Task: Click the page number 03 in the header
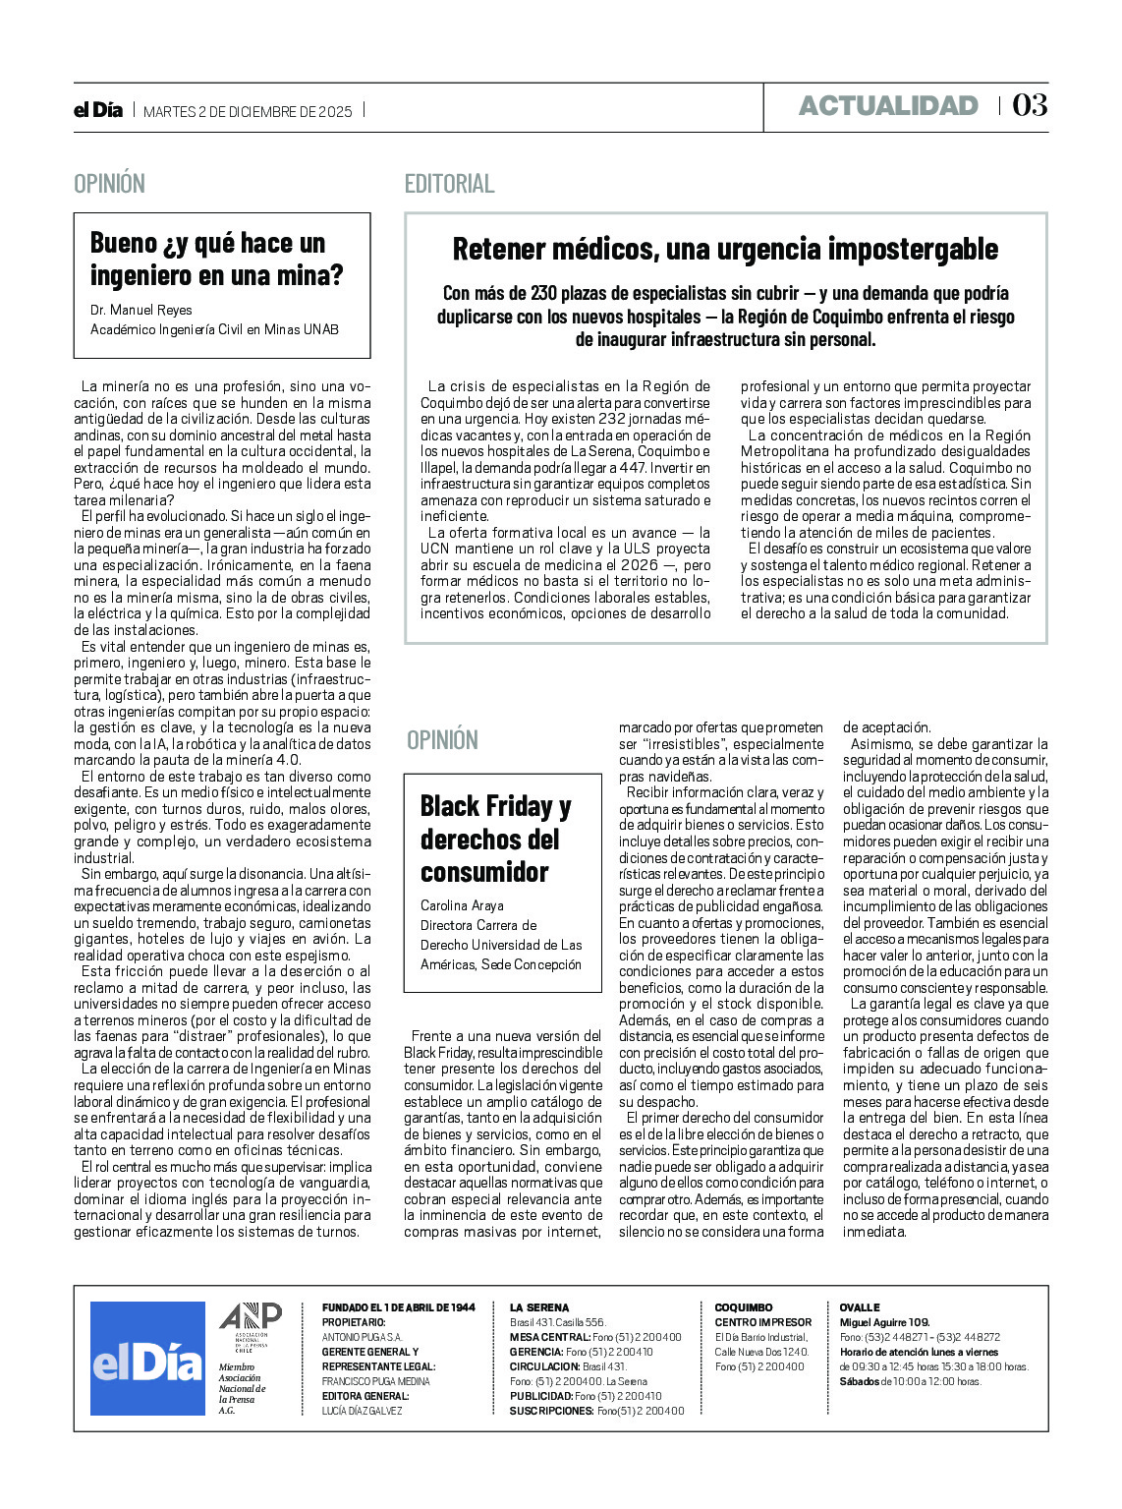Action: tap(1030, 105)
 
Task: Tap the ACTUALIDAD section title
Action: tap(888, 106)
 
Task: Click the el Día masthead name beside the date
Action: tap(98, 110)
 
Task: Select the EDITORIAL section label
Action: tap(449, 184)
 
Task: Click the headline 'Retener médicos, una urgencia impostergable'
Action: tap(725, 250)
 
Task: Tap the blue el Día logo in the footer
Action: tap(147, 1359)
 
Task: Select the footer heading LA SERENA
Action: tap(539, 1307)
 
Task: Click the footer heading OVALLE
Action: tap(860, 1307)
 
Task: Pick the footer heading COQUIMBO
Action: tap(744, 1307)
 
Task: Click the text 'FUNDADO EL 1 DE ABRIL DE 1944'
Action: tap(399, 1307)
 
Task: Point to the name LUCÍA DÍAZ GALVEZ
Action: tap(363, 1411)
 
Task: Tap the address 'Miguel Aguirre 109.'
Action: tap(884, 1322)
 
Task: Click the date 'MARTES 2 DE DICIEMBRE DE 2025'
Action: tap(248, 111)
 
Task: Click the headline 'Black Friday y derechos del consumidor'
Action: tap(495, 839)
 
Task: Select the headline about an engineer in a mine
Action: tap(216, 259)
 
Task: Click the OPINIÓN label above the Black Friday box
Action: tap(442, 740)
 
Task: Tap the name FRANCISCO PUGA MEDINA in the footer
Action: tap(376, 1381)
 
